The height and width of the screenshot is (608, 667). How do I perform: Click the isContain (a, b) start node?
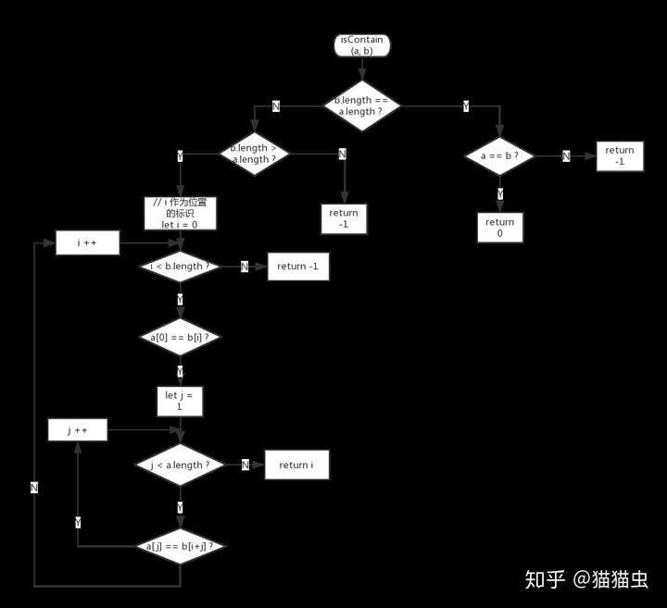pyautogui.click(x=361, y=45)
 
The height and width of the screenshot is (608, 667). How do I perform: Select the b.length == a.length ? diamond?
pyautogui.click(x=361, y=105)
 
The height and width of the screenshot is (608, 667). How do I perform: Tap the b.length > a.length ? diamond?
pyautogui.click(x=253, y=153)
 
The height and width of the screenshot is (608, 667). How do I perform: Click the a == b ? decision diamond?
pyautogui.click(x=499, y=156)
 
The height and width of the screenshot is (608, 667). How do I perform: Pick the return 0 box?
pyautogui.click(x=499, y=228)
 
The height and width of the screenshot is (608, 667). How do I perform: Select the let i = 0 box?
pyautogui.click(x=180, y=213)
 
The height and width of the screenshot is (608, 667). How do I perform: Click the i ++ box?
pyautogui.click(x=88, y=242)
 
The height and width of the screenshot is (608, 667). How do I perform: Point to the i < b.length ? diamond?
pyautogui.click(x=180, y=267)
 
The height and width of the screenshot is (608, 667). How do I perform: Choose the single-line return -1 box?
pyautogui.click(x=297, y=267)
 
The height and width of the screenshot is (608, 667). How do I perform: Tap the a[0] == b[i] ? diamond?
pyautogui.click(x=180, y=337)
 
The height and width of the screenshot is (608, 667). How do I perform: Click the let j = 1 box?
pyautogui.click(x=179, y=402)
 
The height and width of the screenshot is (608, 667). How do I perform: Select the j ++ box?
pyautogui.click(x=77, y=430)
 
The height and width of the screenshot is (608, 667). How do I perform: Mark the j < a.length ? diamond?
pyautogui.click(x=180, y=465)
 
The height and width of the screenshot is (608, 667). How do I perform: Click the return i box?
pyautogui.click(x=296, y=465)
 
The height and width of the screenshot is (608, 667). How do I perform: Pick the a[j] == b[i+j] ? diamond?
pyautogui.click(x=180, y=546)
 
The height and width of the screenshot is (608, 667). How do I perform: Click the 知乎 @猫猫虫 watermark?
pyautogui.click(x=586, y=580)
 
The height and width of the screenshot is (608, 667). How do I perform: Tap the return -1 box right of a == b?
pyautogui.click(x=620, y=156)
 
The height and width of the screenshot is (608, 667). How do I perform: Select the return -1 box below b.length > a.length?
pyautogui.click(x=344, y=219)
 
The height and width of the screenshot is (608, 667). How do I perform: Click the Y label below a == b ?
pyautogui.click(x=500, y=193)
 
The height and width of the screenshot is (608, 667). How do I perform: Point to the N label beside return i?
pyautogui.click(x=245, y=465)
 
